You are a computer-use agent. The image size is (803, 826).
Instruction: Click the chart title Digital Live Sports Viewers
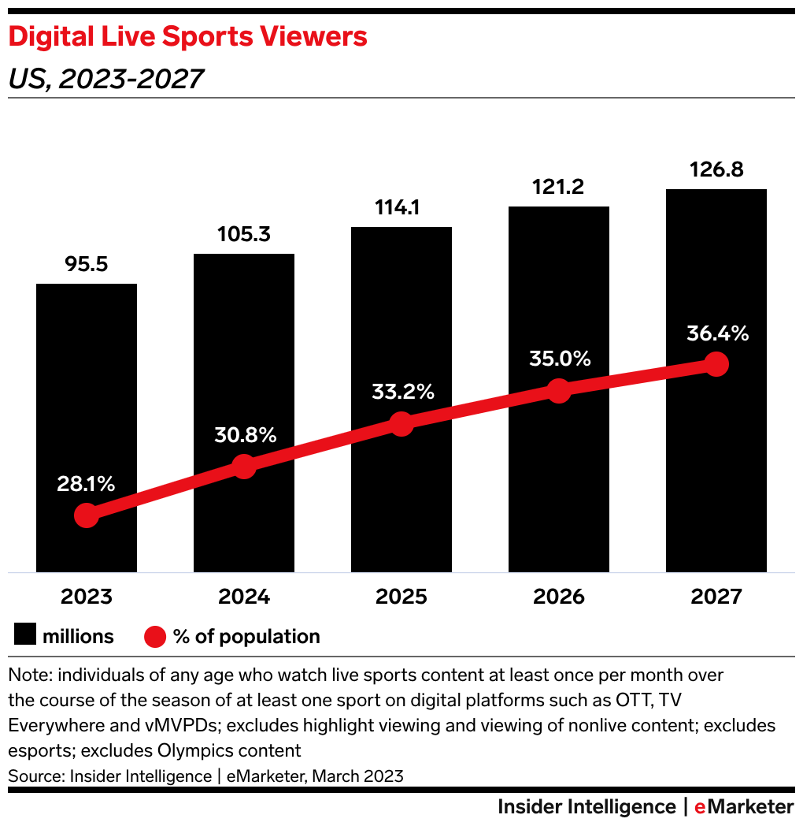tap(187, 36)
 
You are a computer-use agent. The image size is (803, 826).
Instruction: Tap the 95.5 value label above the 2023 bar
tap(87, 264)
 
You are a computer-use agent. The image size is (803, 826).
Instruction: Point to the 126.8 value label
tap(716, 169)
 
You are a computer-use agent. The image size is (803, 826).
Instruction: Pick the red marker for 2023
tap(87, 515)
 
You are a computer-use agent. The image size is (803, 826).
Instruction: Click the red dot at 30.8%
tap(244, 466)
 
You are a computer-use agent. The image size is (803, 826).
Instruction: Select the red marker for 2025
tap(401, 423)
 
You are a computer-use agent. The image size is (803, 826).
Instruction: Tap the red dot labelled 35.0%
tap(558, 390)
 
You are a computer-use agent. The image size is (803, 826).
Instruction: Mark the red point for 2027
tap(716, 363)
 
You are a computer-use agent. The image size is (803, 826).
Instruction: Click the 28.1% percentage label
tap(86, 484)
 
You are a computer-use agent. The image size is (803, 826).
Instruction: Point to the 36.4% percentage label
tap(717, 333)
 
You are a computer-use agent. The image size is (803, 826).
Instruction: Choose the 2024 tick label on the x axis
tap(244, 597)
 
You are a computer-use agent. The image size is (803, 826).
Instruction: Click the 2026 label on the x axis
tap(559, 597)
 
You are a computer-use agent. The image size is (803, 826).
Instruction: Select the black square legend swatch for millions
tap(25, 636)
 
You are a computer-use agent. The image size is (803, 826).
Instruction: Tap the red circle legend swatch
tap(155, 636)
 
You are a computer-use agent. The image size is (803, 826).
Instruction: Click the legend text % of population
tap(246, 636)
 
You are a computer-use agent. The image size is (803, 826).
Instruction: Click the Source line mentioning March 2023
tap(205, 776)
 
